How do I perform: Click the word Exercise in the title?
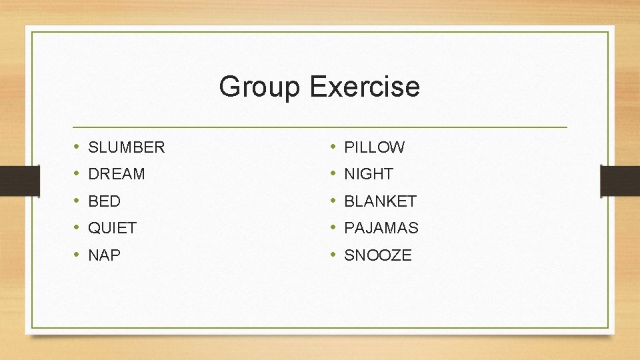[365, 87]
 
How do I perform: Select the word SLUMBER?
[126, 147]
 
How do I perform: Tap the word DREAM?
[116, 174]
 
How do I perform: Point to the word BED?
[104, 201]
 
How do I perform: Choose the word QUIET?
[112, 228]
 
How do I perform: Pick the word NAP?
[104, 255]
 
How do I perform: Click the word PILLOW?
[374, 147]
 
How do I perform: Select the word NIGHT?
[369, 174]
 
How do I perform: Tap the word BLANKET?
[380, 201]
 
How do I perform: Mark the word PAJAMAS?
[381, 228]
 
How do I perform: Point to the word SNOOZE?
[378, 255]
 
